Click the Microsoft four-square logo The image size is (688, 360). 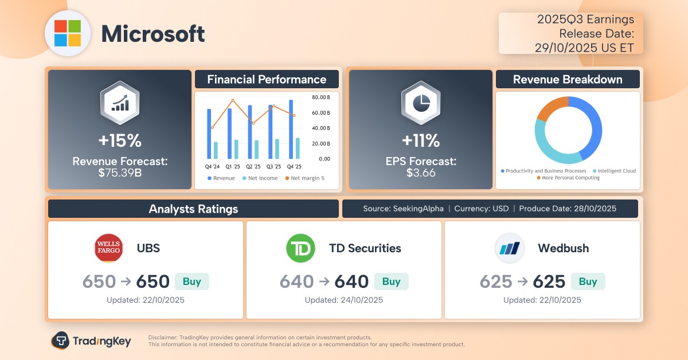click(68, 33)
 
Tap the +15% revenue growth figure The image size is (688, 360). click(119, 140)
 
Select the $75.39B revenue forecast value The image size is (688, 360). click(119, 172)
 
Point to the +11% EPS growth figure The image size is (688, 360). click(420, 140)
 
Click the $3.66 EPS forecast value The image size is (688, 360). click(420, 172)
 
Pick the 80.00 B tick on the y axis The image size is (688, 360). click(320, 97)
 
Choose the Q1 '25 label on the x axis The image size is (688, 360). click(233, 167)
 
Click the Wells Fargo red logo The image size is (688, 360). click(108, 248)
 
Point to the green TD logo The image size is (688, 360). click(301, 248)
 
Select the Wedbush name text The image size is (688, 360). click(563, 248)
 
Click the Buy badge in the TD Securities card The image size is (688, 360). click(391, 281)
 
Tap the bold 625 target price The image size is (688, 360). click(549, 281)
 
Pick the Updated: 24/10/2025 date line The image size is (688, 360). click(344, 300)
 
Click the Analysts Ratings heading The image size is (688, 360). click(193, 209)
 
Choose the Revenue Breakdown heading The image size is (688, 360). click(567, 79)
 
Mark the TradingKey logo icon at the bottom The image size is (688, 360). click(60, 341)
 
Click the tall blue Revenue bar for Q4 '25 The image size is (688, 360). click(291, 130)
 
